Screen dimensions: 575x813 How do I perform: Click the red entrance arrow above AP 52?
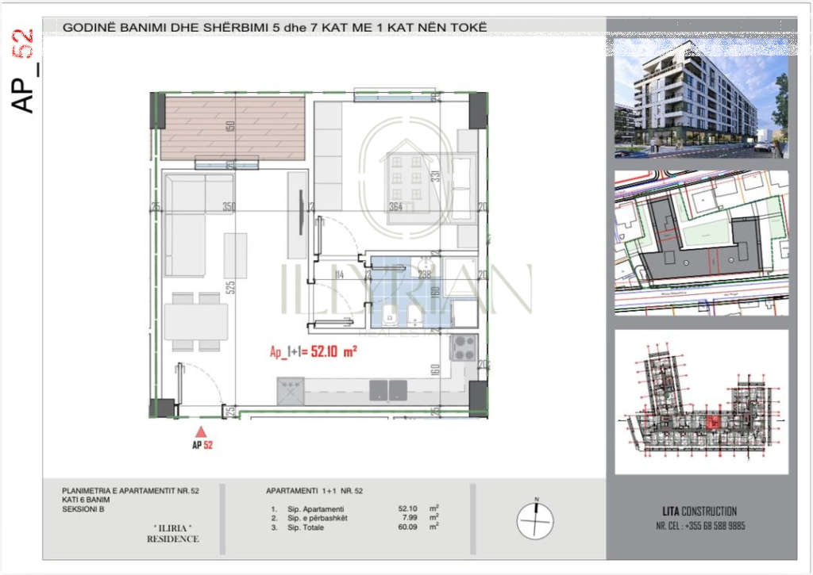pos(202,431)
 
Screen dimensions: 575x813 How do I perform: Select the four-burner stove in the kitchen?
pos(463,345)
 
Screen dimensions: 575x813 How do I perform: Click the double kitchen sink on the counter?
pos(387,389)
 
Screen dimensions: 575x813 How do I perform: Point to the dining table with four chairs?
pos(196,322)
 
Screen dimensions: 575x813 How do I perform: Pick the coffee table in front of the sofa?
pos(235,255)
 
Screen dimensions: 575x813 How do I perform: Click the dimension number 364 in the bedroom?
pos(396,207)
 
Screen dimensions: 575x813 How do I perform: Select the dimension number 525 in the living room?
pos(231,287)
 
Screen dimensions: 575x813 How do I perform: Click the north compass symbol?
pos(535,520)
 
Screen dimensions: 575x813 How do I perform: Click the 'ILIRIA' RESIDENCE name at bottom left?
pos(172,534)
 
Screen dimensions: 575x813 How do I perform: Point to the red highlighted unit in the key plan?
pos(711,423)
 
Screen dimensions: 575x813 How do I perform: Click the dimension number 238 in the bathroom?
pos(424,275)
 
